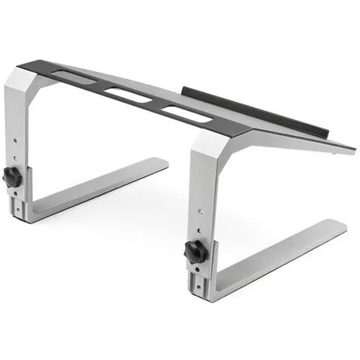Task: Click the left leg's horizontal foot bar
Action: pyautogui.click(x=105, y=190)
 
